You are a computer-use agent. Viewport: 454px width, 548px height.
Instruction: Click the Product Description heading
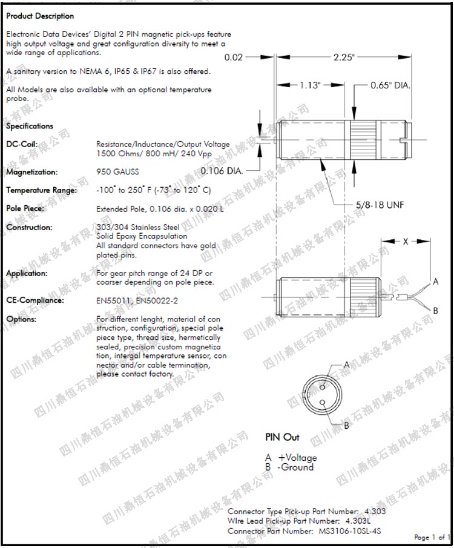pyautogui.click(x=40, y=16)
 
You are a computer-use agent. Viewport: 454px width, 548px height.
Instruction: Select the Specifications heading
pyautogui.click(x=30, y=126)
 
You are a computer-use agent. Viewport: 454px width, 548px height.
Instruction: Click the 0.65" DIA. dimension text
pyautogui.click(x=390, y=85)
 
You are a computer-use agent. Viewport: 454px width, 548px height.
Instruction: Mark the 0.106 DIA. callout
pyautogui.click(x=222, y=171)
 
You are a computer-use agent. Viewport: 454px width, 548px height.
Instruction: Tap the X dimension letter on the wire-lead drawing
pyautogui.click(x=406, y=241)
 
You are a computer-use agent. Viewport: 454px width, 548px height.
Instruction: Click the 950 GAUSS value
pyautogui.click(x=117, y=171)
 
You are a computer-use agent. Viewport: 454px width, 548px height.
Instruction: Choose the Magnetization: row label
pyautogui.click(x=32, y=172)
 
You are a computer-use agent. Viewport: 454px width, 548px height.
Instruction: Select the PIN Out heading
pyautogui.click(x=282, y=437)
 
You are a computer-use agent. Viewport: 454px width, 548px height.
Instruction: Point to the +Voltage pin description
pyautogui.click(x=297, y=458)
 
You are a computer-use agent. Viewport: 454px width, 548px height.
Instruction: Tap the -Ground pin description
pyautogui.click(x=295, y=467)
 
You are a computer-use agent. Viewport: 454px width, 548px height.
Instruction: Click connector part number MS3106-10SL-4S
pyautogui.click(x=350, y=531)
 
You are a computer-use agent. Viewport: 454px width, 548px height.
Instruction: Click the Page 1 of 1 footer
pyautogui.click(x=432, y=537)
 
